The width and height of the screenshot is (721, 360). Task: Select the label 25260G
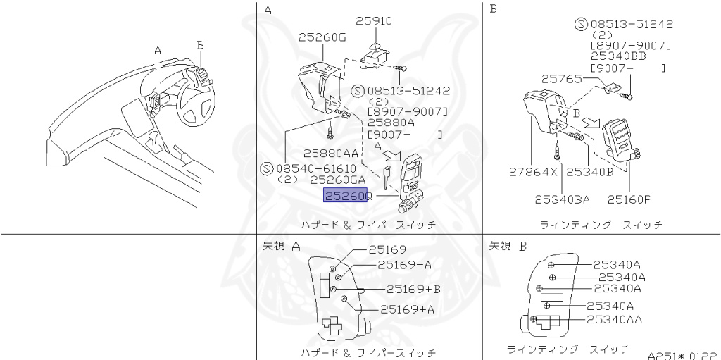pos(322,37)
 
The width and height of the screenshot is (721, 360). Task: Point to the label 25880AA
pos(331,152)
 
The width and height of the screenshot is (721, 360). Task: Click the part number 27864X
pos(533,171)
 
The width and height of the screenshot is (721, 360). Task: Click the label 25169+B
pos(413,289)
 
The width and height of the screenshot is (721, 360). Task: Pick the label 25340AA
pos(614,319)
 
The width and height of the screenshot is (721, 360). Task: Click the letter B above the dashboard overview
pos(200,44)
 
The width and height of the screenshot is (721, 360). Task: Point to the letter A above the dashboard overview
pos(158,50)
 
